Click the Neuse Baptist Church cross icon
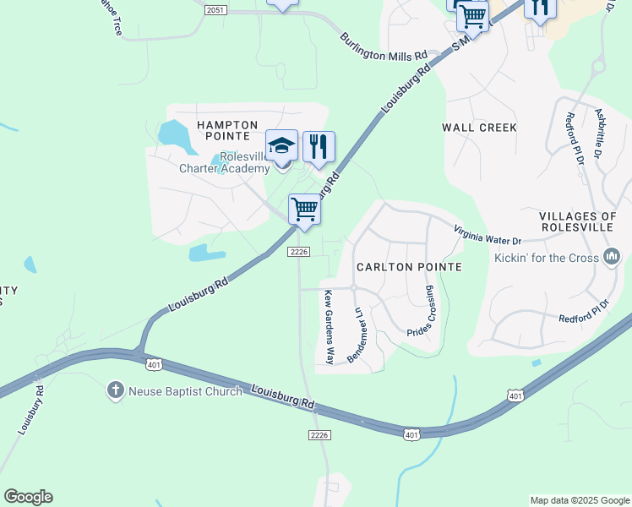pyautogui.click(x=116, y=390)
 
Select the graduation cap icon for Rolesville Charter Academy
pyautogui.click(x=281, y=146)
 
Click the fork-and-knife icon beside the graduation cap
pyautogui.click(x=319, y=146)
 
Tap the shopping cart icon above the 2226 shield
pyautogui.click(x=304, y=208)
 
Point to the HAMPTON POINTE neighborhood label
pyautogui.click(x=227, y=130)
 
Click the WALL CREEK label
pyautogui.click(x=479, y=128)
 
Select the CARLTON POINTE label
pyautogui.click(x=409, y=267)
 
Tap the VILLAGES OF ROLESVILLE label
pyautogui.click(x=585, y=223)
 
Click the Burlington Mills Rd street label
pyautogui.click(x=384, y=47)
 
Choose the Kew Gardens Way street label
pyautogui.click(x=329, y=327)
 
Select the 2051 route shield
pyautogui.click(x=215, y=8)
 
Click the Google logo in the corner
pyautogui.click(x=28, y=497)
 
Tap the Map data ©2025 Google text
pyautogui.click(x=579, y=500)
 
